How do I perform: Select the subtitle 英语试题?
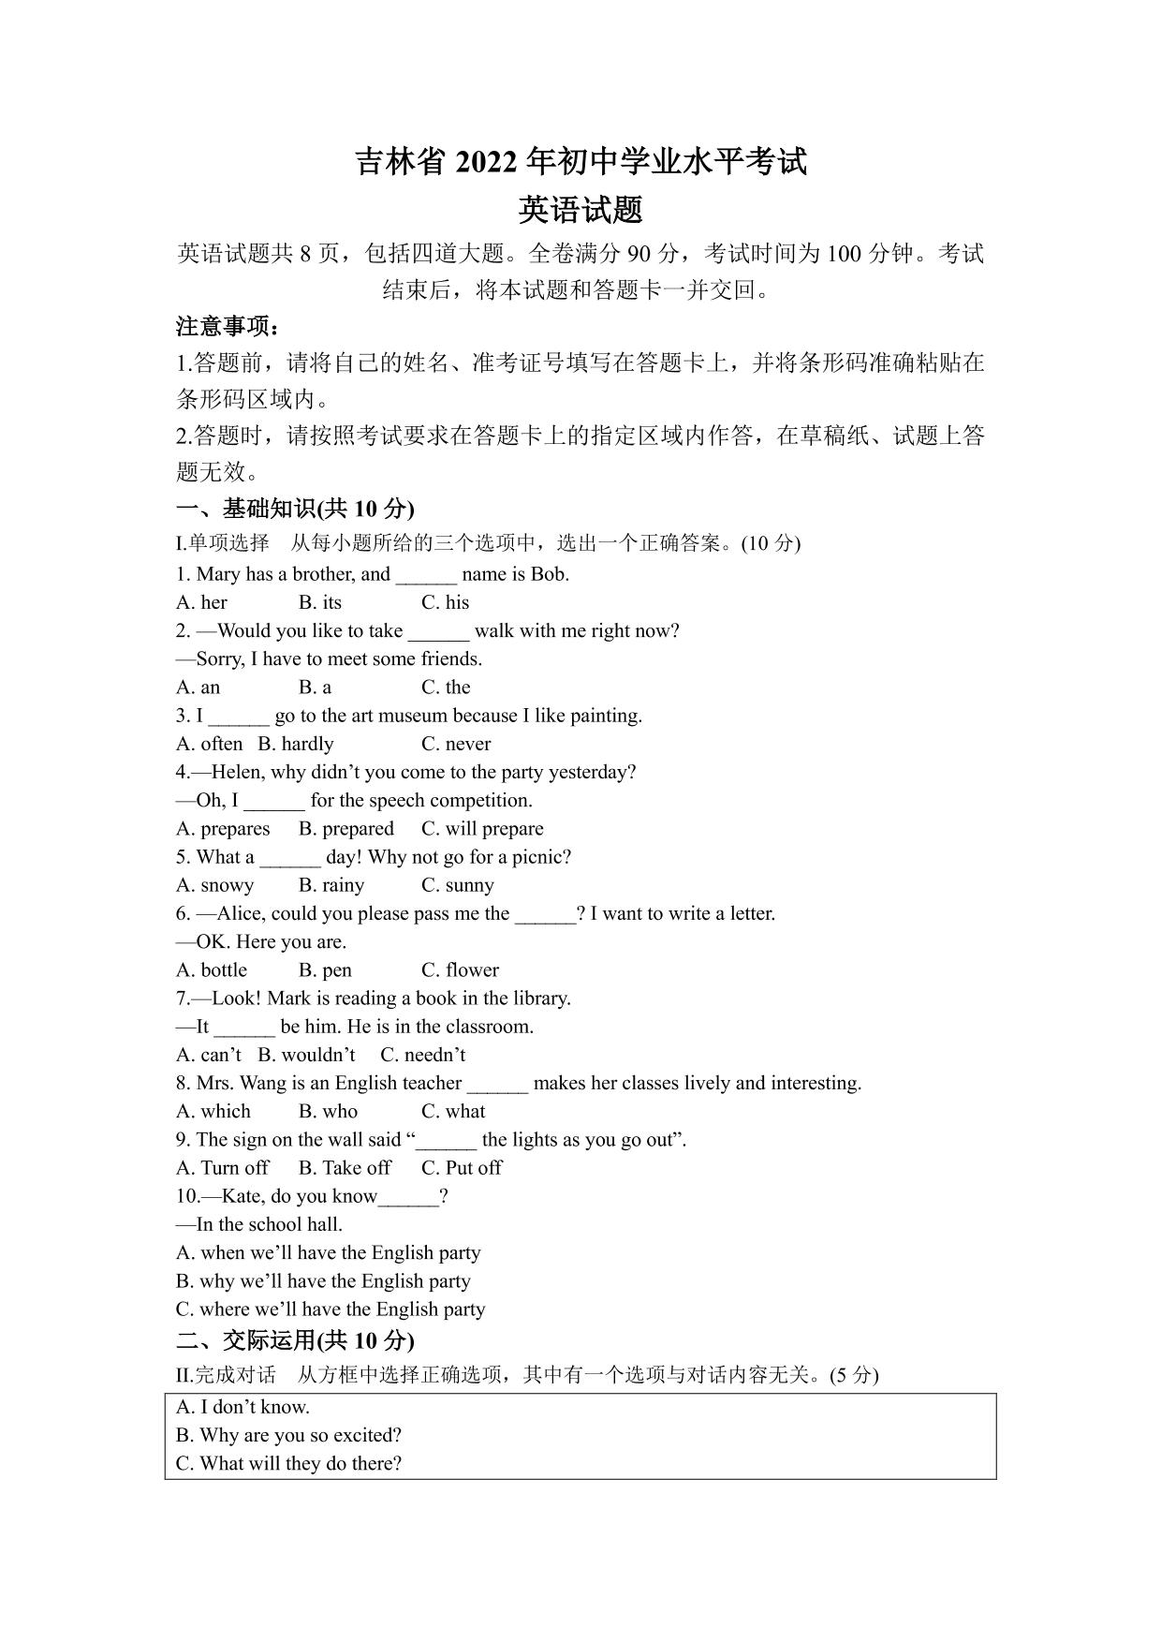pyautogui.click(x=580, y=209)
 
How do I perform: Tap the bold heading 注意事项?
pyautogui.click(x=227, y=327)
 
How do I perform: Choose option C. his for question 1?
pyautogui.click(x=445, y=602)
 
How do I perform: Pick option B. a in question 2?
pyautogui.click(x=315, y=688)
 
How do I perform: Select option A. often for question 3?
pyautogui.click(x=209, y=744)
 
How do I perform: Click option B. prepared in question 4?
pyautogui.click(x=345, y=829)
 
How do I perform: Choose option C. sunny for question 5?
pyautogui.click(x=457, y=885)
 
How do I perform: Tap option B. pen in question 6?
pyautogui.click(x=325, y=970)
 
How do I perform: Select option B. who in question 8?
pyautogui.click(x=328, y=1112)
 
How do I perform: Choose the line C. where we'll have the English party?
pyautogui.click(x=331, y=1309)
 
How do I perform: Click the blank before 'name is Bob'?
pyautogui.click(x=426, y=576)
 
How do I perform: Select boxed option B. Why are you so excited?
pyautogui.click(x=288, y=1435)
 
